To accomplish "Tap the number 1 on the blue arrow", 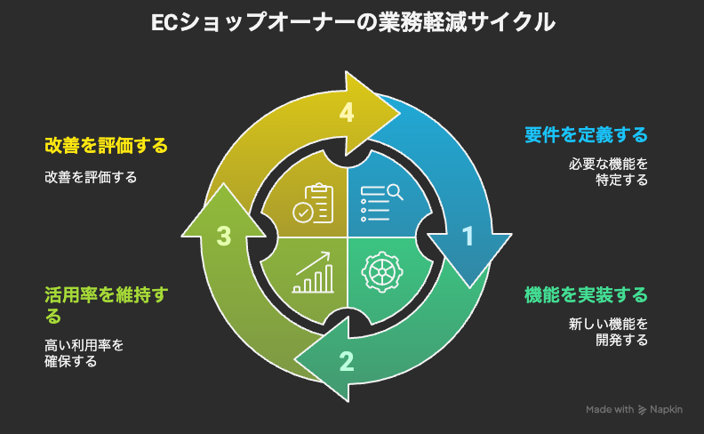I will [x=468, y=236].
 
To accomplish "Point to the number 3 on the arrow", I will [x=224, y=236].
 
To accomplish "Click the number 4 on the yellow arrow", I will [x=347, y=113].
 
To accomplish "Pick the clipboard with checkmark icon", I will [x=317, y=204].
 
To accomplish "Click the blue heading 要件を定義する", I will [x=586, y=135].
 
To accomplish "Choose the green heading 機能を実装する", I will [x=586, y=294].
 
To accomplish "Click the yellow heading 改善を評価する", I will [x=106, y=144].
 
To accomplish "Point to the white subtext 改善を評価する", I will [x=91, y=177].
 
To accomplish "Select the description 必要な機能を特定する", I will [x=609, y=172].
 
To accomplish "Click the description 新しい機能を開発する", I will [x=609, y=332].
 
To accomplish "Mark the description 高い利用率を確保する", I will [x=84, y=353].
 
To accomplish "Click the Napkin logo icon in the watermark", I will [x=642, y=410].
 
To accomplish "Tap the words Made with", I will [x=609, y=410].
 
